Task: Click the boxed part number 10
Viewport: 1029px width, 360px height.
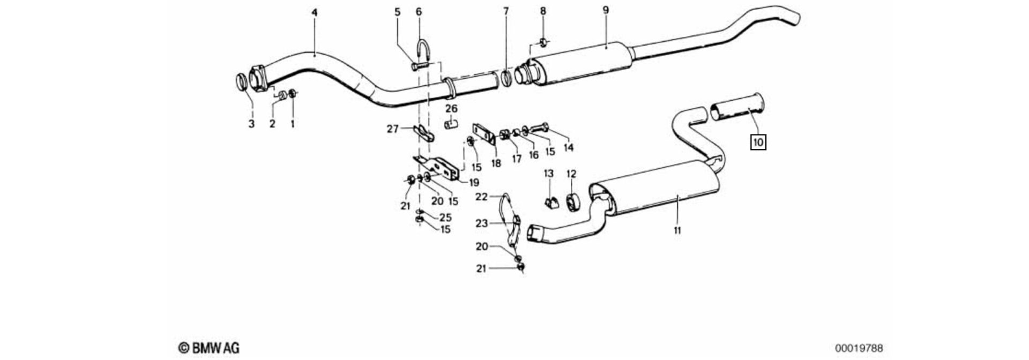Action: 758,142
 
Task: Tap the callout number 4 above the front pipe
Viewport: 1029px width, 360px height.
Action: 315,12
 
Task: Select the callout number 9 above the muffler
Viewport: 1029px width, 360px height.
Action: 606,10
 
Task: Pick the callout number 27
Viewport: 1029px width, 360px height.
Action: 393,129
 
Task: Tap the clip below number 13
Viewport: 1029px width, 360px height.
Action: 550,202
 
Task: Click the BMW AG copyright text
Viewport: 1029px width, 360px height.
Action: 209,348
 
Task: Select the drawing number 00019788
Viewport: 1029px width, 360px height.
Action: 858,348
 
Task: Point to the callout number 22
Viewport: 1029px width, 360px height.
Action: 481,197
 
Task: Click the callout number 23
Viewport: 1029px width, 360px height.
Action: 481,223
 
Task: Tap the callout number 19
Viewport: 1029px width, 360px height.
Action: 474,182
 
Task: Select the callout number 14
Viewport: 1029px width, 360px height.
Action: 568,147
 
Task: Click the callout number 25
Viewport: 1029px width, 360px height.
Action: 445,217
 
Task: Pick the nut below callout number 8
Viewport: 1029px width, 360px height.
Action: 542,42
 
